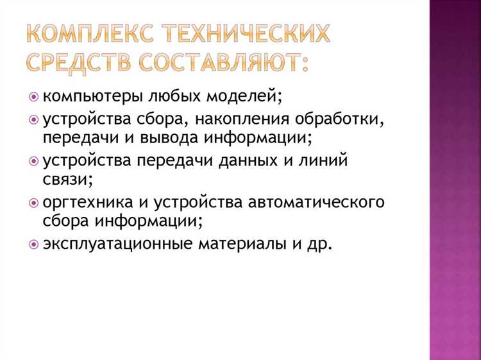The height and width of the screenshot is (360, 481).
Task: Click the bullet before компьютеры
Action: [x=34, y=96]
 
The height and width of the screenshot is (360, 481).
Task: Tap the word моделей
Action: [x=242, y=96]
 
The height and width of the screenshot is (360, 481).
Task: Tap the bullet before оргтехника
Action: [x=34, y=203]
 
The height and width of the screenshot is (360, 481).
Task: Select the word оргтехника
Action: [x=88, y=203]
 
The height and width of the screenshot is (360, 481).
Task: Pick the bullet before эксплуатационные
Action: [x=34, y=244]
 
